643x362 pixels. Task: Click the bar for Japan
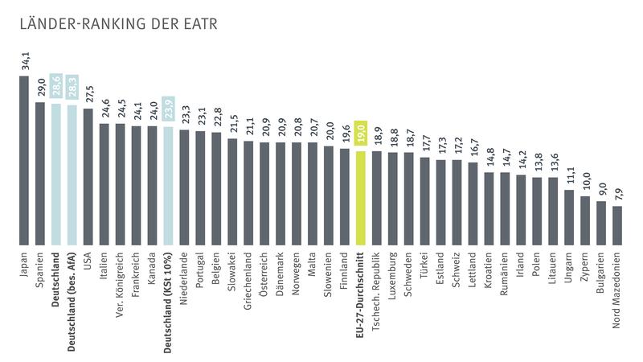pyautogui.click(x=23, y=160)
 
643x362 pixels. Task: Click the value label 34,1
pyautogui.click(x=23, y=63)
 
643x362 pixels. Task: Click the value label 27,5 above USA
pyautogui.click(x=88, y=95)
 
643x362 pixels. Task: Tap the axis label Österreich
pyautogui.click(x=264, y=278)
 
